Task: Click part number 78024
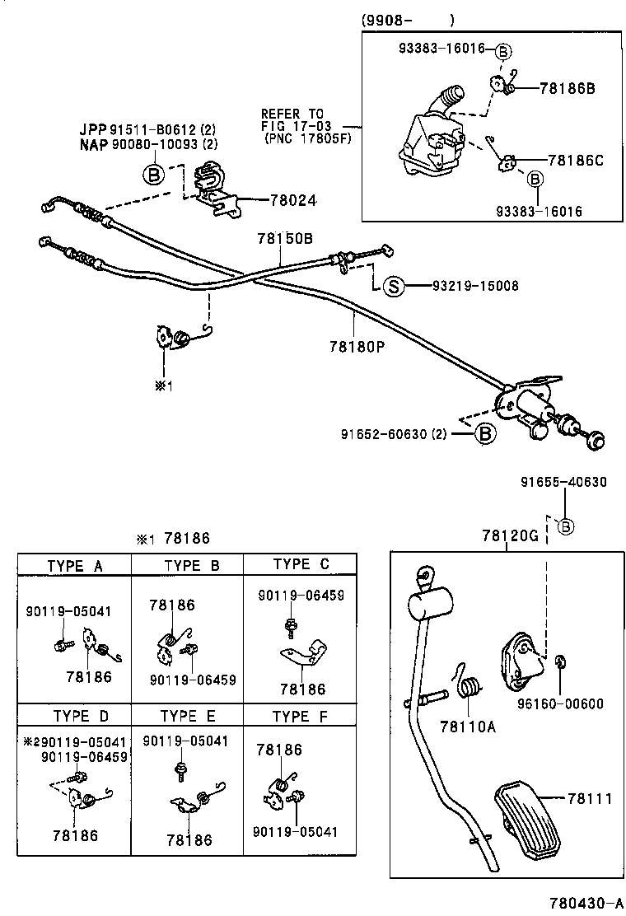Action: (x=294, y=200)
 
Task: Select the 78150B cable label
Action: (x=285, y=237)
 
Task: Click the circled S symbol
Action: (x=394, y=287)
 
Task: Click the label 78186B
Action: (x=567, y=87)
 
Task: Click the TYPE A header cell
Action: (x=75, y=565)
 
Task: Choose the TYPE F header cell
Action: (x=300, y=717)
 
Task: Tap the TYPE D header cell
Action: (x=81, y=716)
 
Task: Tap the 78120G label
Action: (x=510, y=536)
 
